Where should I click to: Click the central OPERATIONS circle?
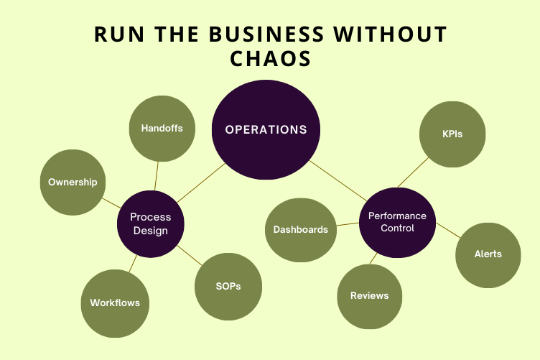click(x=266, y=130)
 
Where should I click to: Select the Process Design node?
click(x=151, y=223)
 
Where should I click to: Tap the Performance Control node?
click(x=397, y=222)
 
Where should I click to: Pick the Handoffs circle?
click(x=162, y=129)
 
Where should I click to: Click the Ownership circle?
click(x=73, y=182)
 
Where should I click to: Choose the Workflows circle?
click(x=115, y=303)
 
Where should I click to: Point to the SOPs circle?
click(x=228, y=286)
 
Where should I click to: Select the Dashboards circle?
click(x=300, y=230)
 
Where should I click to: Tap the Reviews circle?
click(x=370, y=295)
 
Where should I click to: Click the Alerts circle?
click(x=488, y=254)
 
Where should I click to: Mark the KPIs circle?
click(x=452, y=134)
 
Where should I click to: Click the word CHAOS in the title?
click(x=271, y=59)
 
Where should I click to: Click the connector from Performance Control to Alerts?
click(x=447, y=231)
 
